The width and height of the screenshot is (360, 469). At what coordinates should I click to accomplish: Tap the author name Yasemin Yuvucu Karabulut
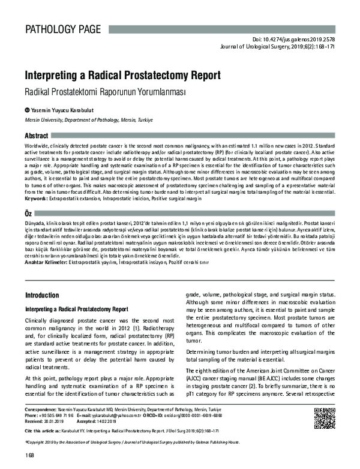[62, 110]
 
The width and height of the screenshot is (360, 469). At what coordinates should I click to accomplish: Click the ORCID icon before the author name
[27, 110]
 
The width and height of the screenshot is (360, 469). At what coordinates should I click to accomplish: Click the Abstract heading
[37, 136]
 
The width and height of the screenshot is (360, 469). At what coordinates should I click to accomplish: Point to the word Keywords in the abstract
[37, 199]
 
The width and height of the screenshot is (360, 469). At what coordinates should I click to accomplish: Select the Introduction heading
[42, 296]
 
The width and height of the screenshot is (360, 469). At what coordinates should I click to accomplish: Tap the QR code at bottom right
[325, 418]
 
